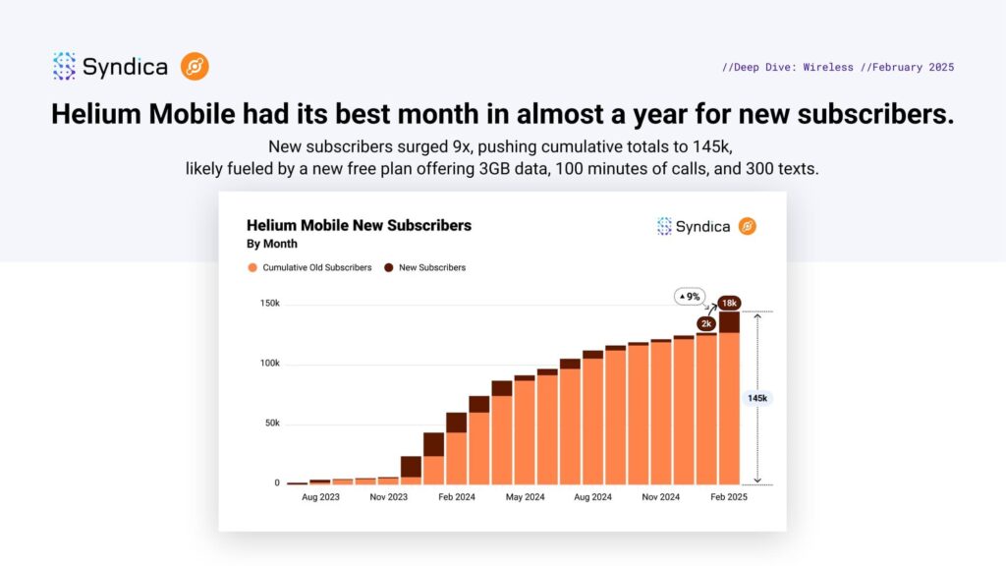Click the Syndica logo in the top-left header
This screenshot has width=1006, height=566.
click(x=110, y=67)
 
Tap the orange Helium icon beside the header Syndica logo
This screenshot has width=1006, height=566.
click(x=195, y=67)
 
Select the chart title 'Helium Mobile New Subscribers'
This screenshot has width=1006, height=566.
click(x=359, y=225)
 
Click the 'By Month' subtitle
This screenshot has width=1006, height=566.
click(x=271, y=244)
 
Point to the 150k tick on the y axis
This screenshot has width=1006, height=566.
click(x=269, y=304)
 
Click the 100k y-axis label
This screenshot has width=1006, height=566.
click(x=269, y=364)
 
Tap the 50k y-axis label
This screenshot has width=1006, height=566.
click(x=271, y=424)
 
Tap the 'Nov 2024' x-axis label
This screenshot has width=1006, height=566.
click(x=659, y=498)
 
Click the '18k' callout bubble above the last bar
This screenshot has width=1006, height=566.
click(x=729, y=303)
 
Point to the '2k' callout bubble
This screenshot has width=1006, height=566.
click(x=706, y=323)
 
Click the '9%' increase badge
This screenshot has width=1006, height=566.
click(x=688, y=296)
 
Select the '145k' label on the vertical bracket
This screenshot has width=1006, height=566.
click(x=757, y=398)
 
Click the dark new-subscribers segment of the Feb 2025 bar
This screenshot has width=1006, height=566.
click(x=729, y=322)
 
